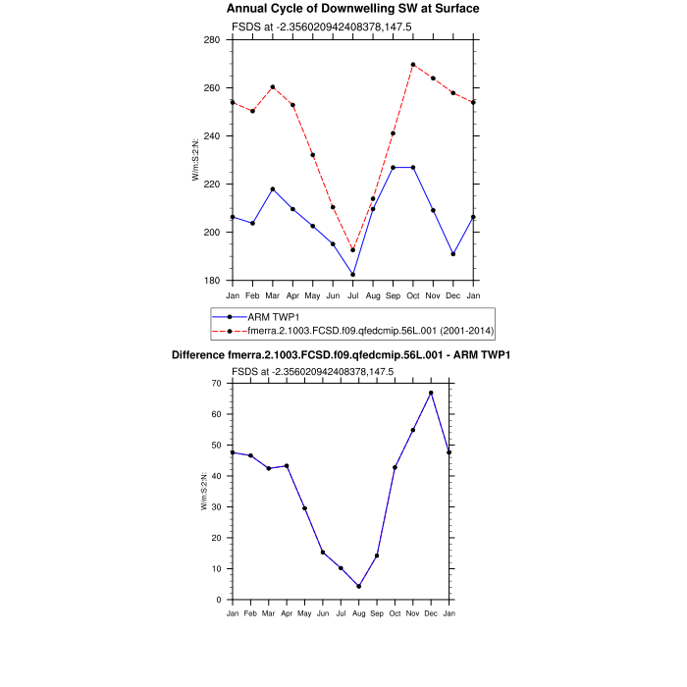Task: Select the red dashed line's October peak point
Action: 413,65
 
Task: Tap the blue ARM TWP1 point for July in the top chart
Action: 353,274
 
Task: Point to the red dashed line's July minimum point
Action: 353,250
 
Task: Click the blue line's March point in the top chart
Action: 273,188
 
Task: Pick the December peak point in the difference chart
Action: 431,393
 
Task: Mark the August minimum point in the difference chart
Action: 359,586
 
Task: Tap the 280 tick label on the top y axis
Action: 212,40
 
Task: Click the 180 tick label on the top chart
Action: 212,281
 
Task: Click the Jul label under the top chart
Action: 353,295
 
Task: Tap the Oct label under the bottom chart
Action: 395,613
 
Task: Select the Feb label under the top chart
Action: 252,295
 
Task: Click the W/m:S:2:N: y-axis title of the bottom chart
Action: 203,491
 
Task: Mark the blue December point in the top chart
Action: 453,254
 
